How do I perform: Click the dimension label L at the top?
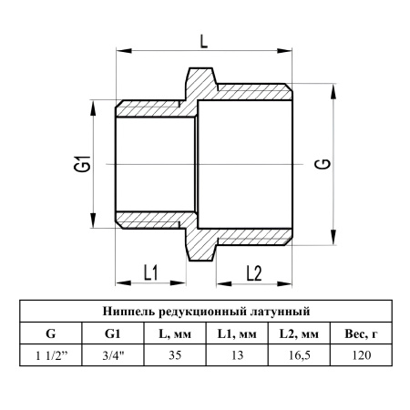tap(204, 41)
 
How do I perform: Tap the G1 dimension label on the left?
tap(83, 164)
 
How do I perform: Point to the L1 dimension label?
tap(151, 272)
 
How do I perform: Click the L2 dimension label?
tap(254, 273)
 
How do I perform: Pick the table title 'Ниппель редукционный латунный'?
tap(206, 312)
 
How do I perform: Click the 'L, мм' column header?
tap(175, 333)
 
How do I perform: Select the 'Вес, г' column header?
tap(362, 333)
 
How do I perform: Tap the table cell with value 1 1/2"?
tap(51, 355)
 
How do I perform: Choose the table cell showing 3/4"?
tap(113, 355)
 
